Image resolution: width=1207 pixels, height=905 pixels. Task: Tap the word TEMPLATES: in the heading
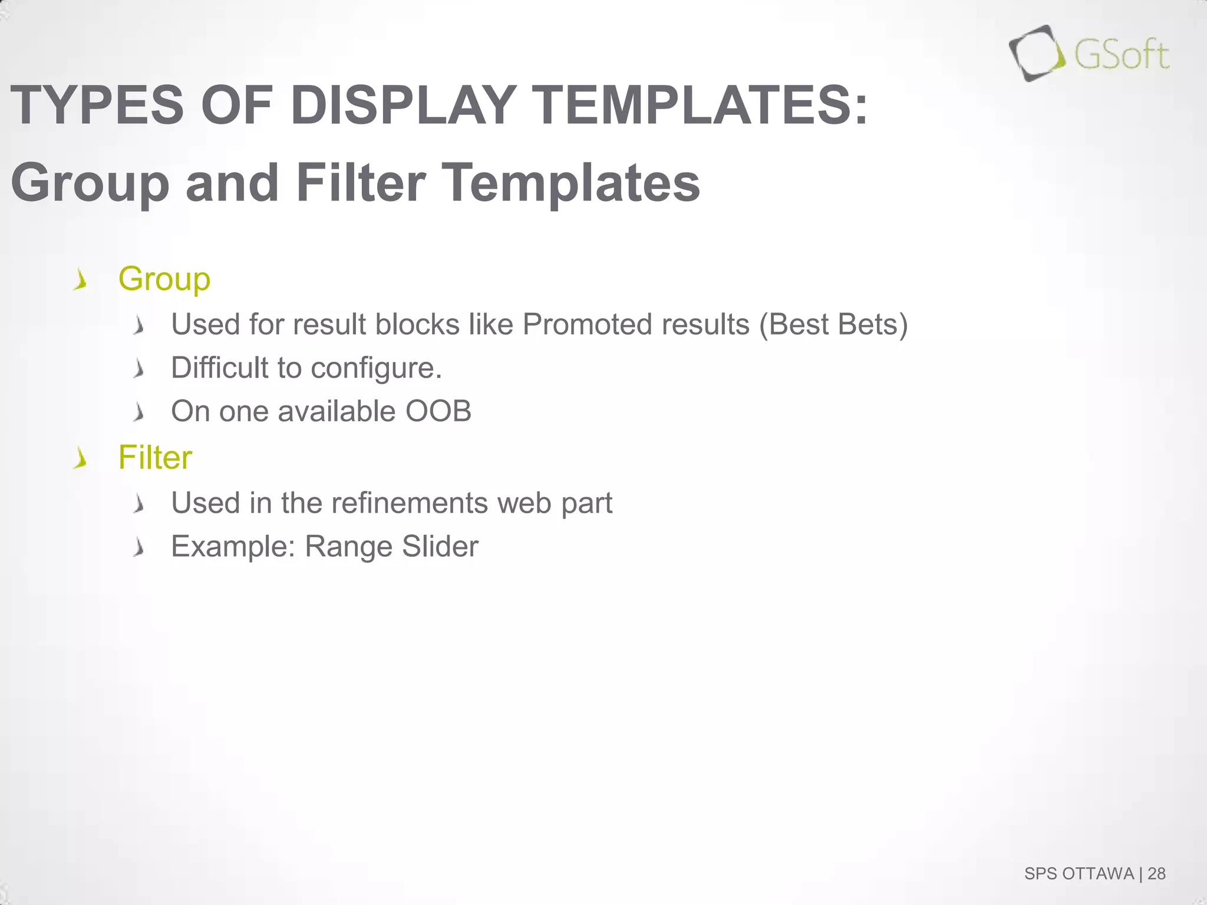pos(701,105)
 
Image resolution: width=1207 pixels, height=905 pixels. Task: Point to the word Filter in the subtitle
pos(360,182)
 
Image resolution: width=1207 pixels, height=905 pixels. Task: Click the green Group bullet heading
pos(164,279)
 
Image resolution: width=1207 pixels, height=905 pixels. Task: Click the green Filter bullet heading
pos(155,457)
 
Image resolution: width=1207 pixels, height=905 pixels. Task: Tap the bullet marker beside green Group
pos(80,279)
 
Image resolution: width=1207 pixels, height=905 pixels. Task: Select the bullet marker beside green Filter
pos(80,458)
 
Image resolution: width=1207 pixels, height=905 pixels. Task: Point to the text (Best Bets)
pos(833,324)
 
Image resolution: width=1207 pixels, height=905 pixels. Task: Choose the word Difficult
pos(219,368)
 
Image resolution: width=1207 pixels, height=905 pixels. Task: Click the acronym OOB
pos(438,411)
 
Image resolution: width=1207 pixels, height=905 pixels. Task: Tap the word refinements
pos(409,503)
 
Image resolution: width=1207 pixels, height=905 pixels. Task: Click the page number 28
pos(1156,874)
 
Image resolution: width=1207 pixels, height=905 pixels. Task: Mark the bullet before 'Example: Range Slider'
pos(139,547)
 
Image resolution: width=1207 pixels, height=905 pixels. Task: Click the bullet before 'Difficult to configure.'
pos(139,369)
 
